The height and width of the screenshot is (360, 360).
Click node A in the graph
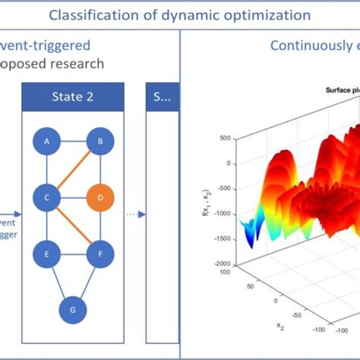click(47, 142)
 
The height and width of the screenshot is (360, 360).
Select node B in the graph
click(99, 142)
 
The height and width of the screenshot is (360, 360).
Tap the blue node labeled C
click(47, 198)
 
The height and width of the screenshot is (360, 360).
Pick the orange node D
click(99, 198)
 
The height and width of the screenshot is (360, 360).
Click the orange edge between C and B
click(74, 170)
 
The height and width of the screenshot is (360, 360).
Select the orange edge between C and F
click(74, 226)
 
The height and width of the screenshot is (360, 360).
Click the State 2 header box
click(73, 96)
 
